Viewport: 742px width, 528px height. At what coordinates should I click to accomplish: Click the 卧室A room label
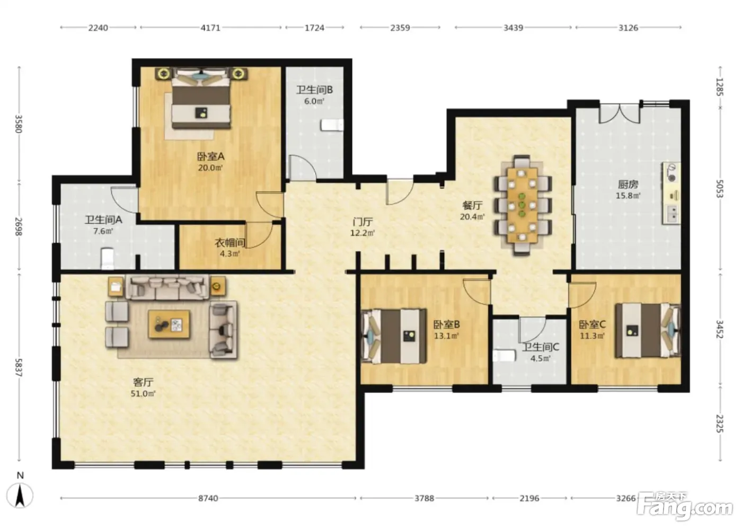tap(211, 156)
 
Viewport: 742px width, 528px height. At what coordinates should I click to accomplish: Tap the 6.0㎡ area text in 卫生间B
tap(314, 101)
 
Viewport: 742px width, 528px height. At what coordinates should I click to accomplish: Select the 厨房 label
tap(628, 184)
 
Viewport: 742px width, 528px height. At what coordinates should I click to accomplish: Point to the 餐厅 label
tap(472, 205)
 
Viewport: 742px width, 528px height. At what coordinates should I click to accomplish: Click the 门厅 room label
tap(363, 222)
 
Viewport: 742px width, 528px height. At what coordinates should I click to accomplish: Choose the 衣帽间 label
tap(230, 243)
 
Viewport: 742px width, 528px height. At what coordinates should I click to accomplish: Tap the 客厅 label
tap(143, 382)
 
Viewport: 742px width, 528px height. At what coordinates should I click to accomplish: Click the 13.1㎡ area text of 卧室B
tap(446, 336)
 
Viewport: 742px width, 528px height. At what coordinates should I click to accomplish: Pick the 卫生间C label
tap(541, 347)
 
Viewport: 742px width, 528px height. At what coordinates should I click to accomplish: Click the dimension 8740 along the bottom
tap(208, 498)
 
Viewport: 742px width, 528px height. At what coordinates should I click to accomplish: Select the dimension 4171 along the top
tap(210, 28)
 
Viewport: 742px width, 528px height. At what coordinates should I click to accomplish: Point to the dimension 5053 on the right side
tap(720, 189)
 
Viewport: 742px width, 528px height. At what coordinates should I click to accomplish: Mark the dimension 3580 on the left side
tap(19, 124)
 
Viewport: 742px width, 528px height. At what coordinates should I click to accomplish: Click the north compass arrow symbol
tap(20, 496)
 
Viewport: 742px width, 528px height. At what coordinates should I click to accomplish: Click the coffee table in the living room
tap(169, 324)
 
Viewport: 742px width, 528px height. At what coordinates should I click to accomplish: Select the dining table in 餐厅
tap(522, 205)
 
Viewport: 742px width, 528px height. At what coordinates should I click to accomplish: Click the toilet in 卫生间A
tap(107, 259)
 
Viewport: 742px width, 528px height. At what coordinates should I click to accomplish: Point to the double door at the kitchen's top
tap(620, 114)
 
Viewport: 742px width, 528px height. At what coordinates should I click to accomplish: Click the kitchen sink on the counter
tap(673, 214)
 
